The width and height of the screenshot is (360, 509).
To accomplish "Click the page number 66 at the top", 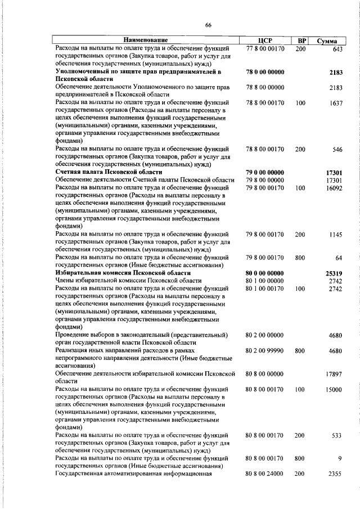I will click(x=208, y=25).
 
